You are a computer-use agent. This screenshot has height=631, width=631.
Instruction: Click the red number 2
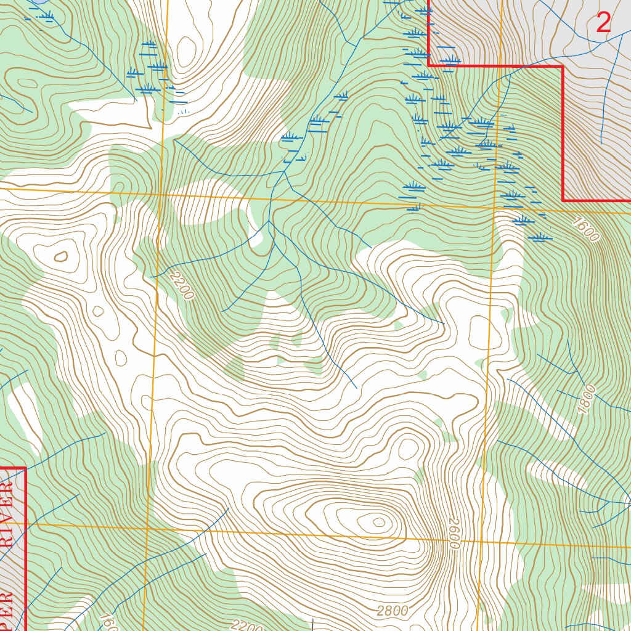tap(604, 23)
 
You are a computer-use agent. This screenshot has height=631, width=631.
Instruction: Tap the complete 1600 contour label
tap(584, 229)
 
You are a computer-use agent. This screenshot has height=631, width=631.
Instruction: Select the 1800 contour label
tap(587, 399)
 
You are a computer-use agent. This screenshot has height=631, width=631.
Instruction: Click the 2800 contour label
tap(392, 611)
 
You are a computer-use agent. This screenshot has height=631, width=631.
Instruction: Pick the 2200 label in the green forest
tap(182, 285)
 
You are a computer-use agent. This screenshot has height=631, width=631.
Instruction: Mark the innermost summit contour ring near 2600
tap(379, 523)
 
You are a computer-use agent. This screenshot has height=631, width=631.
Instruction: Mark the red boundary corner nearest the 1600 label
tap(563, 200)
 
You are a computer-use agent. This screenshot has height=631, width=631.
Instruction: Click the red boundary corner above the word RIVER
tap(25, 468)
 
